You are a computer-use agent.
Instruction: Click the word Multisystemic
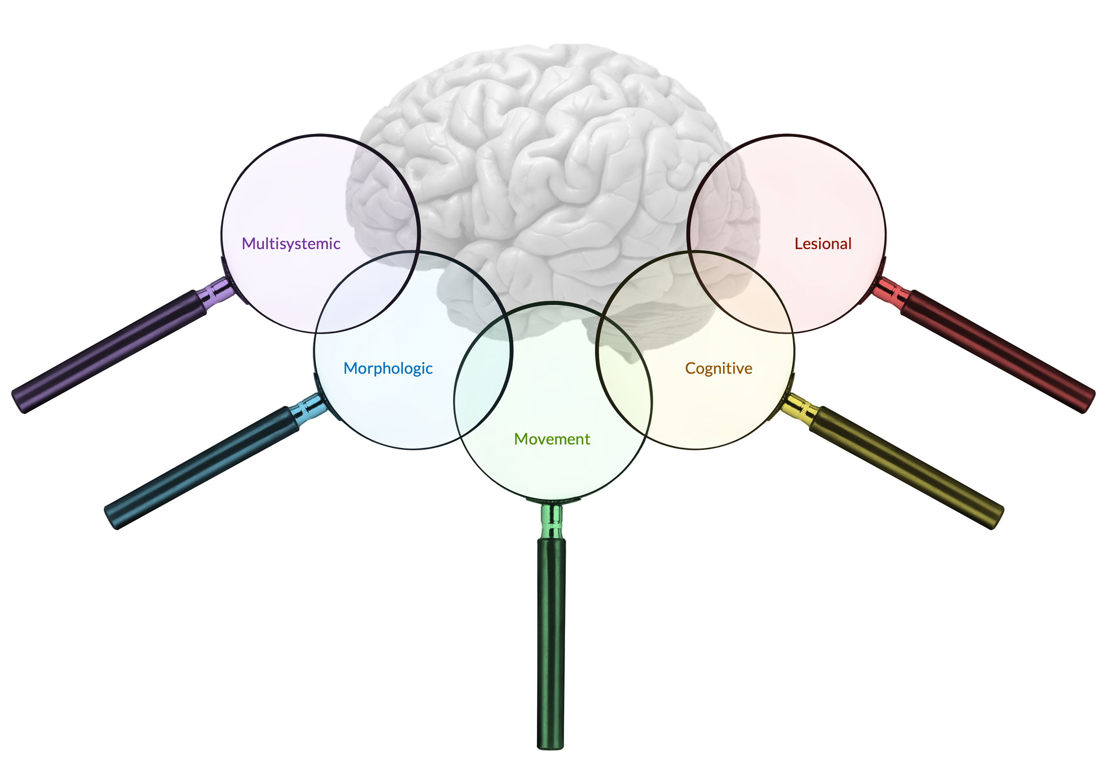(291, 244)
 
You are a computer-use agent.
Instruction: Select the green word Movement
(552, 439)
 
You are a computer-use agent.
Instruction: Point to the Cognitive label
(718, 369)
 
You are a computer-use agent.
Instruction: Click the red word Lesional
(823, 244)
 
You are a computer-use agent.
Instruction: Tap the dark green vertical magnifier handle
(551, 643)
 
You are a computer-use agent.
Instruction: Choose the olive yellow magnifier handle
(906, 468)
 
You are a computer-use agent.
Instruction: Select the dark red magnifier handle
(998, 351)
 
